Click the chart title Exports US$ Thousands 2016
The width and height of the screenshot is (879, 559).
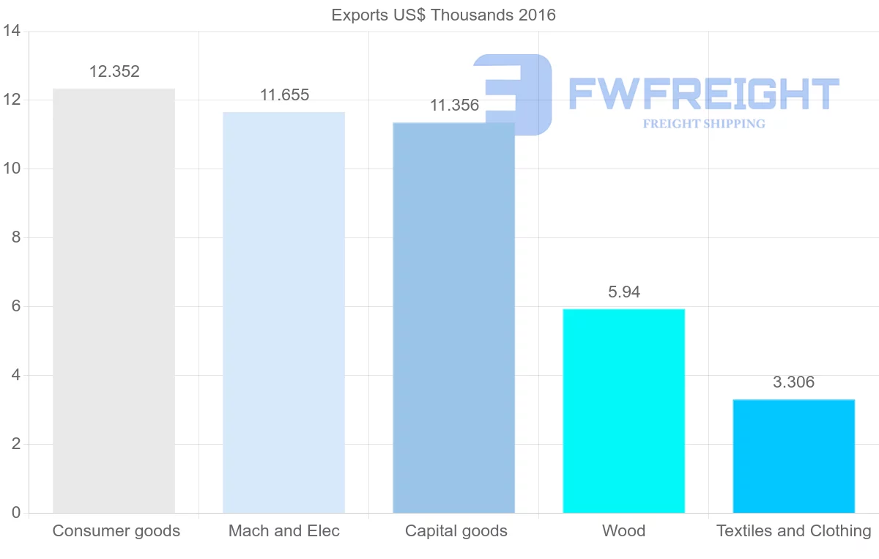coord(443,15)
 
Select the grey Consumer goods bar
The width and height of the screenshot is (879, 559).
coord(114,300)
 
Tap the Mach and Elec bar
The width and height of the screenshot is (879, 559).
coord(283,312)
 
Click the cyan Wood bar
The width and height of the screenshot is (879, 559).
coord(623,411)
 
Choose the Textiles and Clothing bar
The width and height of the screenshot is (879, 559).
coord(793,456)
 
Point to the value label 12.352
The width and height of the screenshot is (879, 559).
coord(114,72)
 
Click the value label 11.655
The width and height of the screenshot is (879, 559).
coord(284,95)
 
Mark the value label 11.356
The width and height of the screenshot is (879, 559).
coord(454,105)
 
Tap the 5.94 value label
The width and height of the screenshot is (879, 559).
coord(624,292)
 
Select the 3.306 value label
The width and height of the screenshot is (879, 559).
coord(793,382)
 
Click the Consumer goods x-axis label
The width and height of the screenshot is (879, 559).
coord(116,531)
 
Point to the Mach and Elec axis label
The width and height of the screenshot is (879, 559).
coord(284,531)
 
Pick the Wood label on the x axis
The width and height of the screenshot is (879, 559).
coord(623,531)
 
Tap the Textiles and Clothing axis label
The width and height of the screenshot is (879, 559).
coord(793,531)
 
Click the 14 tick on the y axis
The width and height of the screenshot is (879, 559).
coord(11,32)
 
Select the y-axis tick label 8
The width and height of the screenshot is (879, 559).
coord(15,238)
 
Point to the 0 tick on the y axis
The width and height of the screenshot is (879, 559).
coord(15,513)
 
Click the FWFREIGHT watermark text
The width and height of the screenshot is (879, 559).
coord(703,94)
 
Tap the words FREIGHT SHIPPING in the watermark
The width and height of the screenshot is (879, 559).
coord(704,124)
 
